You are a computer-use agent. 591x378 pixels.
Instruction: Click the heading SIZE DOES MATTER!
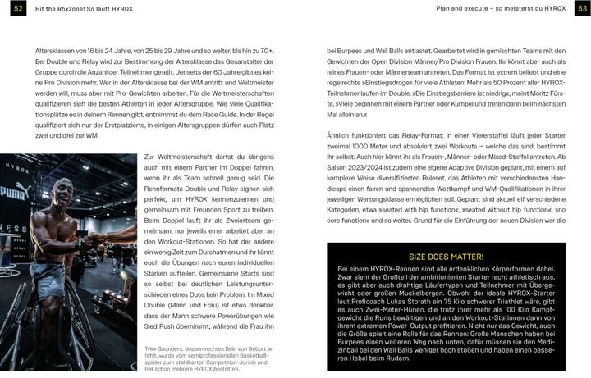447,257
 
